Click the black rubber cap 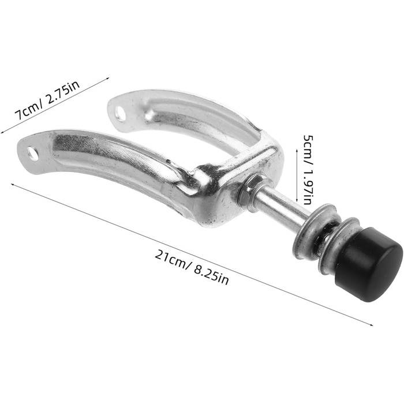pos(368,264)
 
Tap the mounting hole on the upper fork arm pos(121,114)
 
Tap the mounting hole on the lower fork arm pos(33,154)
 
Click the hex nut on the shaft pos(248,190)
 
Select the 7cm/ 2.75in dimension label pos(47,100)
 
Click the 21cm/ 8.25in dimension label pos(192,267)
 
